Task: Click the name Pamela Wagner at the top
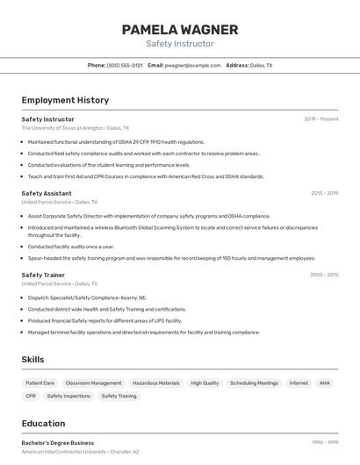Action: pos(179,30)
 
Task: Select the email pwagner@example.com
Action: pos(193,65)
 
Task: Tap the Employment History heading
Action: pos(65,100)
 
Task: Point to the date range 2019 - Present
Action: pos(321,119)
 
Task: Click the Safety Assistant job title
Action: pos(47,193)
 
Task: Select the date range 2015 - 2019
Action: pos(324,193)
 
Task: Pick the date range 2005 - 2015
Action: pos(324,275)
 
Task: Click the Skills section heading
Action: pos(32,359)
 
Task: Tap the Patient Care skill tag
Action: pos(40,383)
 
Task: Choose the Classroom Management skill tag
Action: pos(93,383)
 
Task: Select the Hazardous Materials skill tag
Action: pos(155,383)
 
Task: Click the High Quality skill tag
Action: pos(205,383)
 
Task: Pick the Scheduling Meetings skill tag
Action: pos(254,383)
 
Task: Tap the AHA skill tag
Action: pos(325,383)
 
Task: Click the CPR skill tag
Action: pos(31,397)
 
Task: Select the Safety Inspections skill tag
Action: pos(68,397)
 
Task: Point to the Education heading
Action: pos(43,423)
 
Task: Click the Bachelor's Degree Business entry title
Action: pos(57,443)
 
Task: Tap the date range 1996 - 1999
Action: pos(324,443)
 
